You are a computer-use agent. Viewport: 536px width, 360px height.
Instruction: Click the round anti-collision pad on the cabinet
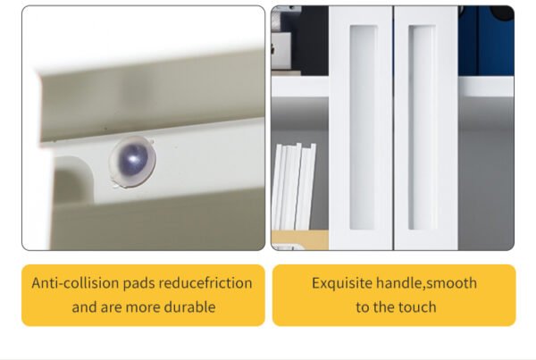[x=132, y=162]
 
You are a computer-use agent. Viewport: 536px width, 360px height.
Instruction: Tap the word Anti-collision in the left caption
[x=75, y=283]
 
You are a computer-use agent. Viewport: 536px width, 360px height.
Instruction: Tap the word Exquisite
[x=342, y=283]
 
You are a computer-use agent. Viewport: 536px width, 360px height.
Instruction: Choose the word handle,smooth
[x=426, y=283]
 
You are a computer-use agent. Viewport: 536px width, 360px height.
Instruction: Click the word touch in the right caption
[x=416, y=307]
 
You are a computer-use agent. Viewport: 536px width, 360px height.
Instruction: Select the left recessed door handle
[x=363, y=127]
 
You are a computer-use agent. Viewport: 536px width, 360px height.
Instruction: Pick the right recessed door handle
[x=422, y=127]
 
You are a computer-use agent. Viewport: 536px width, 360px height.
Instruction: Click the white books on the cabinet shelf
[x=293, y=187]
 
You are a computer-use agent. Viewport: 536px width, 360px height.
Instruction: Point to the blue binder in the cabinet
[x=486, y=40]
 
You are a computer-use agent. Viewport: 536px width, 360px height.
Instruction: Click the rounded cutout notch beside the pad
[x=73, y=180]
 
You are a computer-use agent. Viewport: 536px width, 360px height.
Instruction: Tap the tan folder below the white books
[x=300, y=239]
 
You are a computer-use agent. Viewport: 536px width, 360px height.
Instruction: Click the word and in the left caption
[x=85, y=307]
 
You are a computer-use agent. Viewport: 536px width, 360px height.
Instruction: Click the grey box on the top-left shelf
[x=281, y=49]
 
